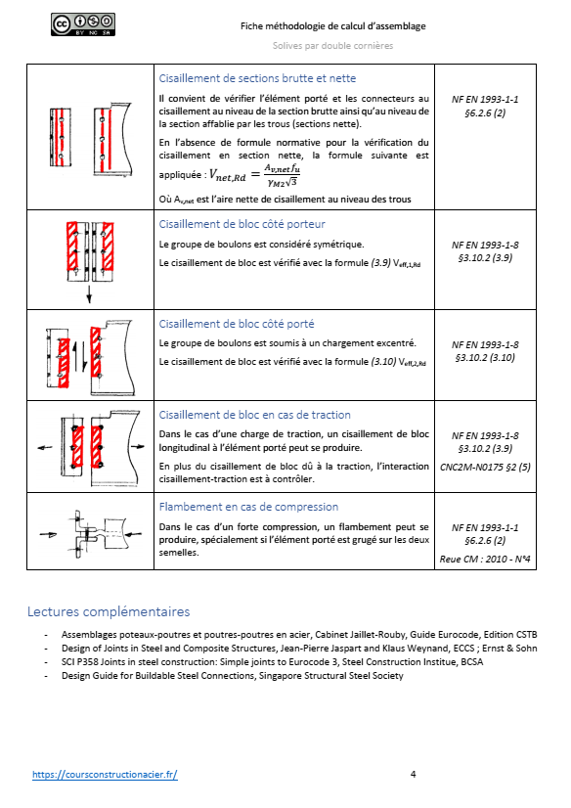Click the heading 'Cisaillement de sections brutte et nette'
(x=257, y=78)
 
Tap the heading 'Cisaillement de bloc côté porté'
(x=237, y=324)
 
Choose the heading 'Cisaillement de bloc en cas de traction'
(x=254, y=415)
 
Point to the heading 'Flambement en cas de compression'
(x=248, y=507)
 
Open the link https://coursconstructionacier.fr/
(x=105, y=774)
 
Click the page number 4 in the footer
(x=414, y=774)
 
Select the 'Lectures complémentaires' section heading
(x=109, y=612)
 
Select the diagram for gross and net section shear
(x=90, y=137)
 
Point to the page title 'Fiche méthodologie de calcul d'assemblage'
(x=335, y=26)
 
